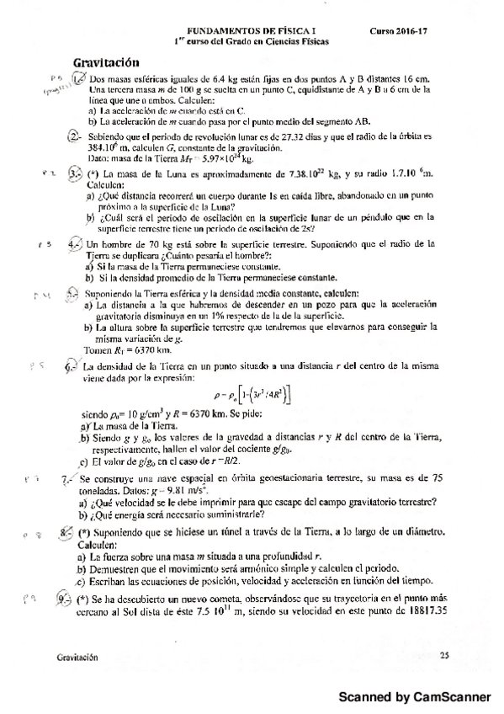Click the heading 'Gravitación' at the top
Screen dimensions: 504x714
(106, 61)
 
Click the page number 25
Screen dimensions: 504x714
(444, 654)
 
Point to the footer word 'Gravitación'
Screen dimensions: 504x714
(80, 654)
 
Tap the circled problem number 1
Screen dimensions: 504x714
(78, 79)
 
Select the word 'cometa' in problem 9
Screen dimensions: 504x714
(241, 599)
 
